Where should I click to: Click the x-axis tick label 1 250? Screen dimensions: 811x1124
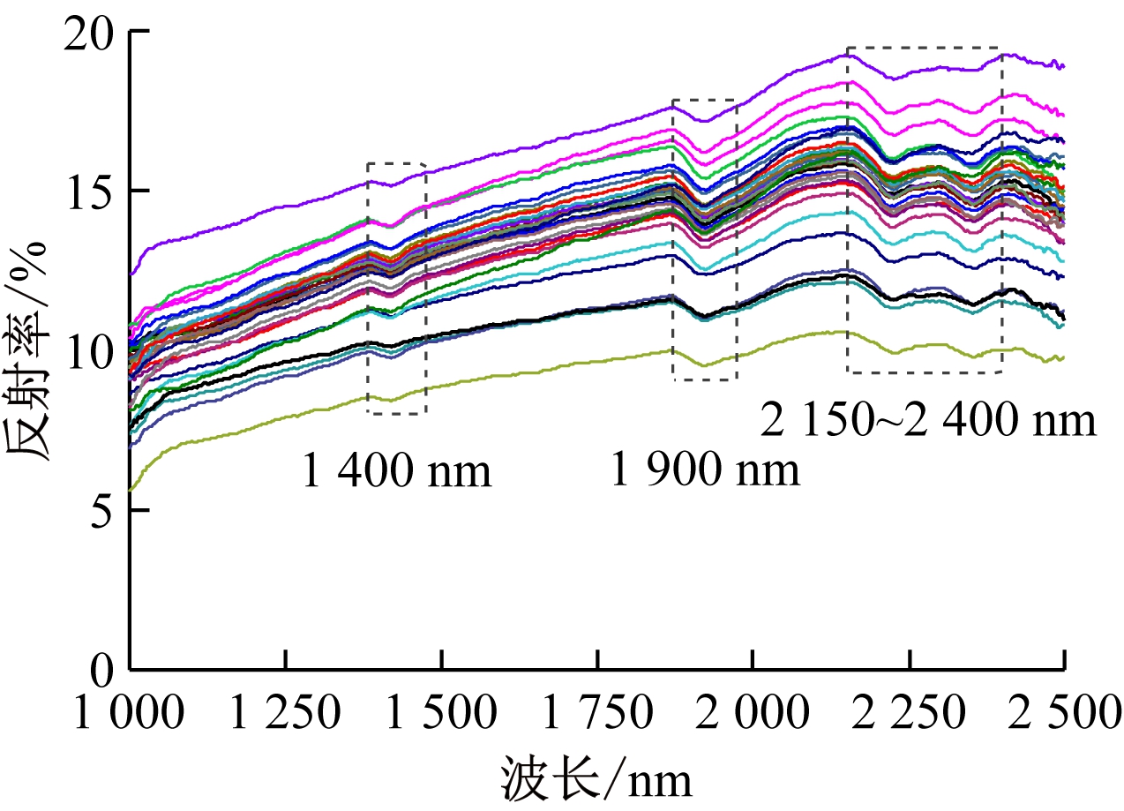click(285, 714)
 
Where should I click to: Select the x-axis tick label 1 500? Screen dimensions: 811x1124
click(441, 714)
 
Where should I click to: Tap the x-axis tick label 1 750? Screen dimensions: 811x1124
click(597, 714)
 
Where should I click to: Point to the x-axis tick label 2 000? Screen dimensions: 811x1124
click(753, 714)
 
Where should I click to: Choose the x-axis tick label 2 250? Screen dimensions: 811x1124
click(909, 714)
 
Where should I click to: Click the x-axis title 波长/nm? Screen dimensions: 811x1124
click(596, 778)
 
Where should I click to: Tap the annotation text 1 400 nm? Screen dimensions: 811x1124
click(396, 471)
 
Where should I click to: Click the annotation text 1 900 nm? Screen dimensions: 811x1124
click(705, 471)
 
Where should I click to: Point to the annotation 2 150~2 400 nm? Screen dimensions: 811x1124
click(928, 421)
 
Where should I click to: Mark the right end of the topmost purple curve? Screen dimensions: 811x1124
click(1064, 66)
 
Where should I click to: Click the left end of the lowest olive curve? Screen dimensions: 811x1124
click(131, 490)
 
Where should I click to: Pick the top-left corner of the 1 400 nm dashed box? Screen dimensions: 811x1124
click(368, 163)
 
